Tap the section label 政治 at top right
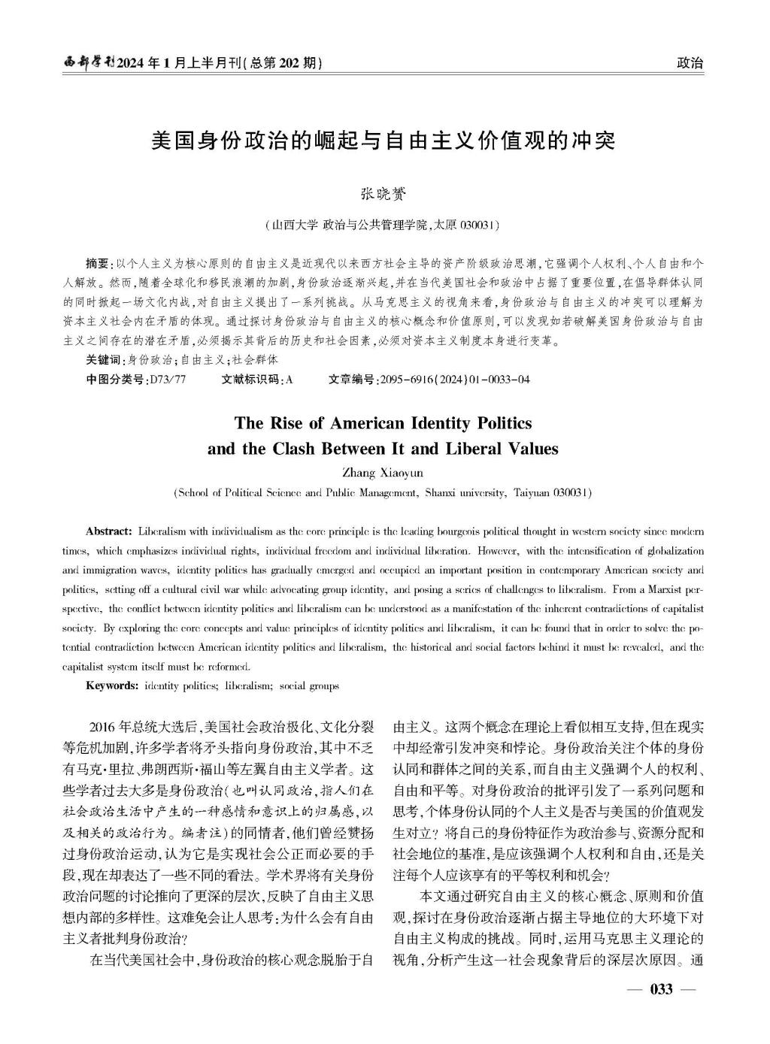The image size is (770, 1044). pos(690,63)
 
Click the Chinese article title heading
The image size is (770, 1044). pos(383,141)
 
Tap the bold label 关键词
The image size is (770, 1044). pos(105,360)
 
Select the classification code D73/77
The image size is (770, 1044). pos(168,380)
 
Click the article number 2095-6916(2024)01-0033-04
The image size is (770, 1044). pos(456,380)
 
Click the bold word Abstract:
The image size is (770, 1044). pos(110,531)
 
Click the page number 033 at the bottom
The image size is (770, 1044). pos(662,989)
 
